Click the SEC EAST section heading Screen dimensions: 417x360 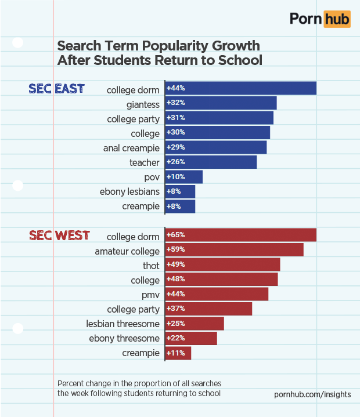(x=57, y=89)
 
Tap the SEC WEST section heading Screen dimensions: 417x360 (x=59, y=235)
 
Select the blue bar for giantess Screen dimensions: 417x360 (x=221, y=103)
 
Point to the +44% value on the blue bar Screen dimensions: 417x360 (x=175, y=88)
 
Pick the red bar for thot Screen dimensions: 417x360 (x=222, y=264)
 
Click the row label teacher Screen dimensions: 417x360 (x=144, y=162)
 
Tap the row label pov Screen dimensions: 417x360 (x=152, y=177)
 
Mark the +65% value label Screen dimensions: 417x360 (x=175, y=235)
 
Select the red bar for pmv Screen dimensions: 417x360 (x=217, y=294)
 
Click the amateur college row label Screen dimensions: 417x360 (x=127, y=251)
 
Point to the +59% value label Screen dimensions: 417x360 (x=175, y=250)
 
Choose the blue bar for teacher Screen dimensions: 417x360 (x=211, y=162)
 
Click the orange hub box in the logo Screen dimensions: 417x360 (x=337, y=19)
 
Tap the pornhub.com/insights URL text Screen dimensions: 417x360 (x=312, y=394)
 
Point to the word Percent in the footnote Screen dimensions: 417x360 (x=72, y=384)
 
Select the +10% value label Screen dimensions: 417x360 (x=175, y=176)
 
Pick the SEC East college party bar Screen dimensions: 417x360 (x=219, y=118)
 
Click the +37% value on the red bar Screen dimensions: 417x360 (x=175, y=309)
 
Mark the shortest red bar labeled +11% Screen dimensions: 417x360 (x=178, y=353)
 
